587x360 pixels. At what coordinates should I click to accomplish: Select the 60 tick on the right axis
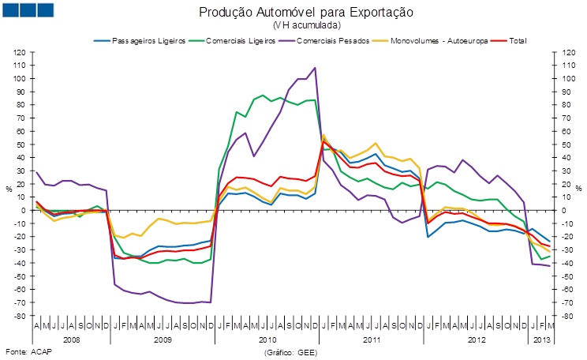(x=569, y=131)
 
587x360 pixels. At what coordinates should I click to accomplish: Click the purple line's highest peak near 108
(x=316, y=68)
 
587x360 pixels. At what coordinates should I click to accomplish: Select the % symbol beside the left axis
(x=9, y=188)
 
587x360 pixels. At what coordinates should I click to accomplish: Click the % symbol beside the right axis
(x=579, y=188)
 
